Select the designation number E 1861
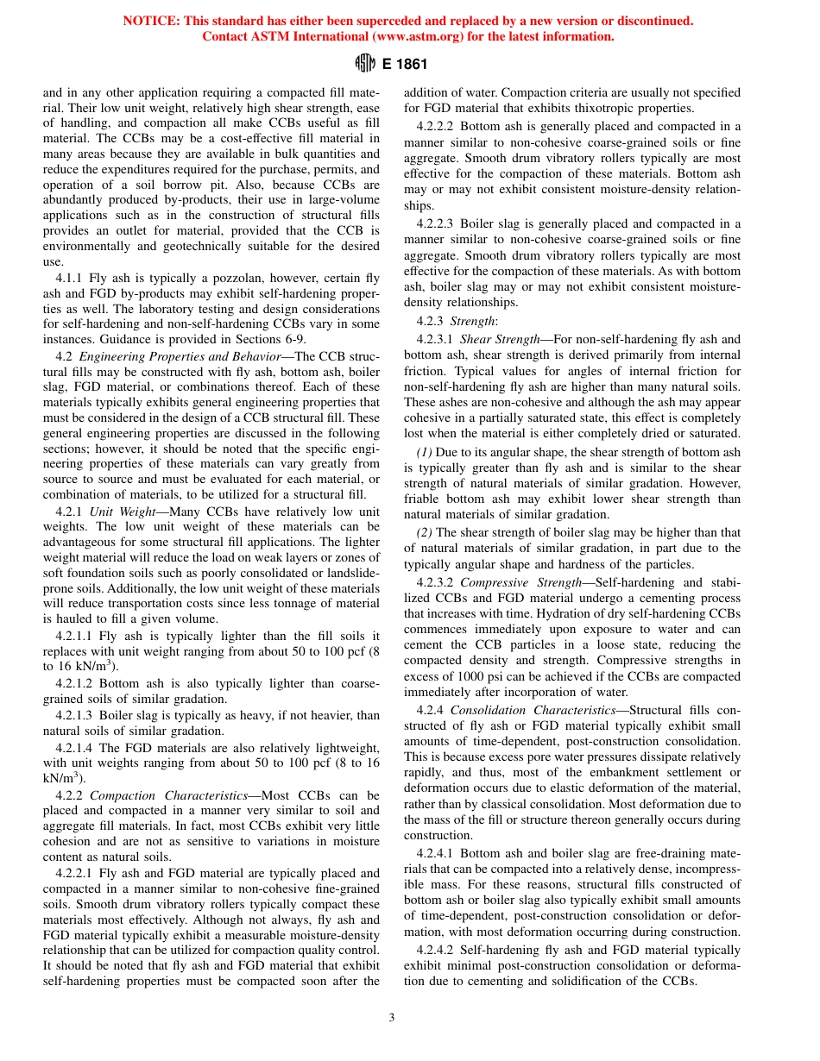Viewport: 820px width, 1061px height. click(405, 64)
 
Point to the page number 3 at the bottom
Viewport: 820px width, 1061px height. click(392, 1018)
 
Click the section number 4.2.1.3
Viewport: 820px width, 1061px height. click(74, 715)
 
